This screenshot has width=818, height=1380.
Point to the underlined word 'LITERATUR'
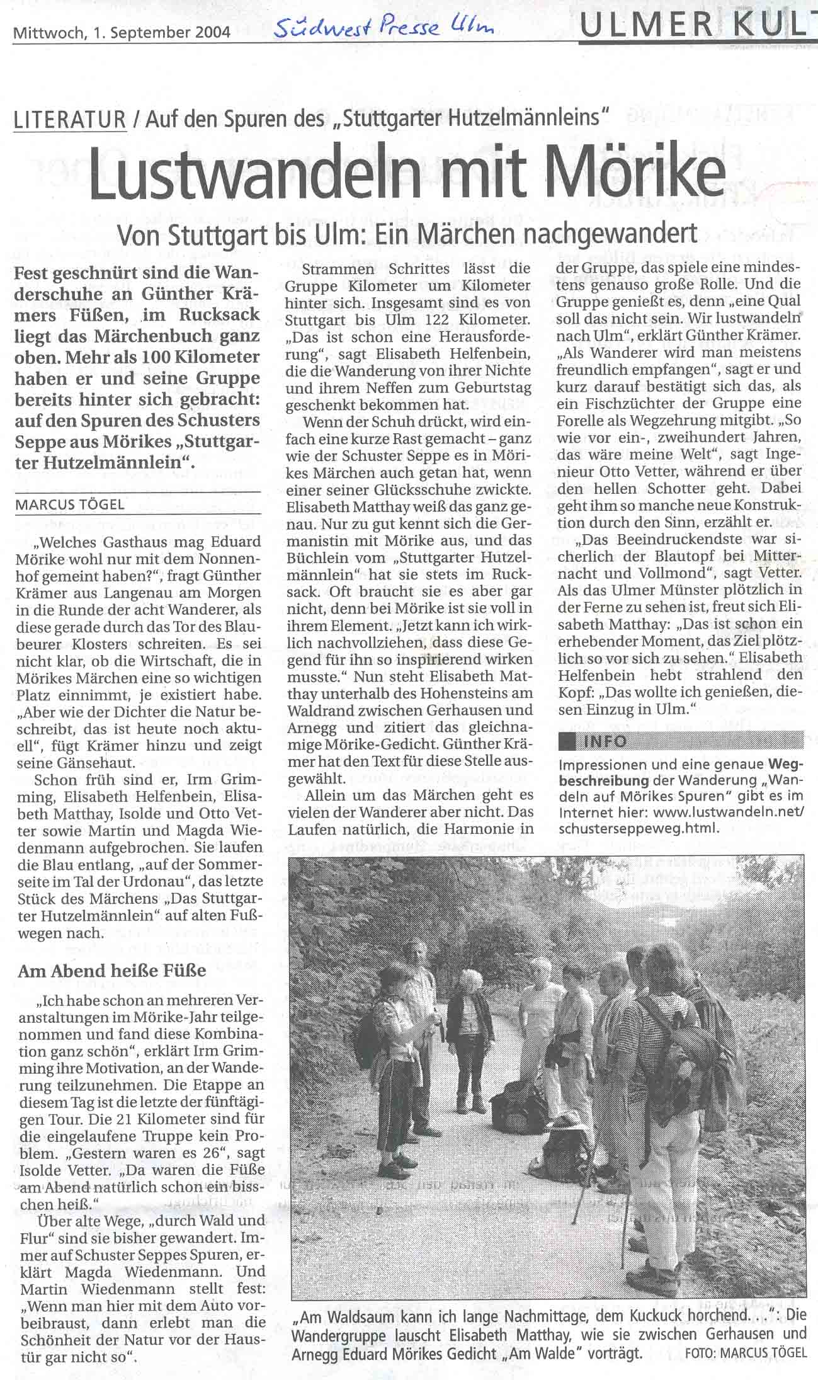[x=70, y=119]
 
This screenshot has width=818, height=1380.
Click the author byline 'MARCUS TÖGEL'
[x=71, y=505]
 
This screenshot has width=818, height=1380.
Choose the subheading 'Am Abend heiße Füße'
[x=112, y=970]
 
